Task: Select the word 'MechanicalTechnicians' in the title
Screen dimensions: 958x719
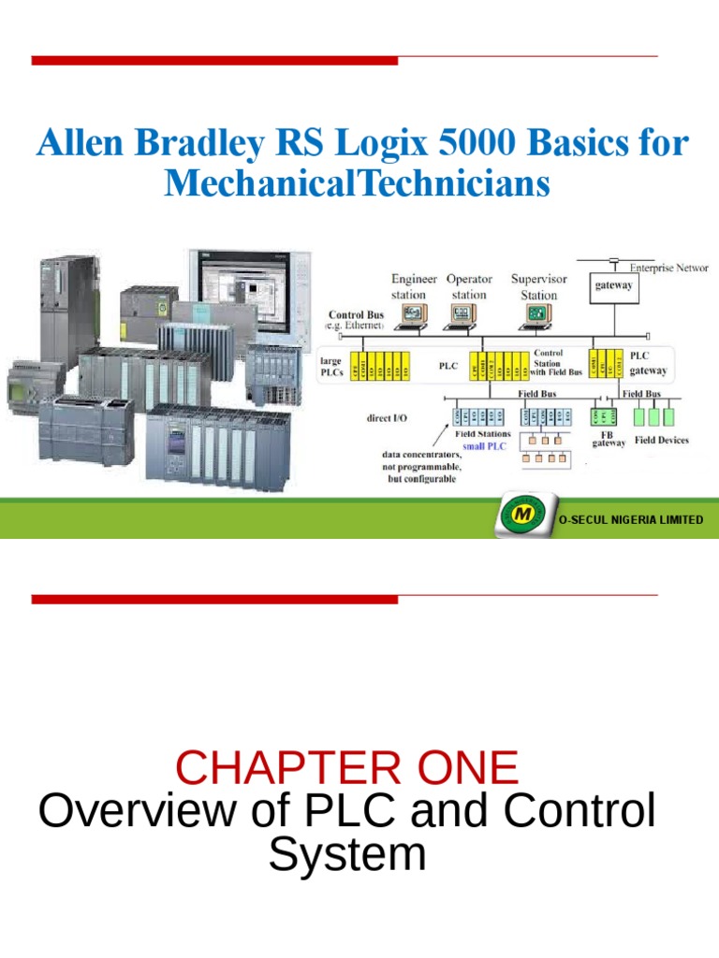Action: (357, 183)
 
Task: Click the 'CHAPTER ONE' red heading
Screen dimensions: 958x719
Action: (346, 768)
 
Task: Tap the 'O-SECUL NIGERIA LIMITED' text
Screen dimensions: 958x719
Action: (630, 519)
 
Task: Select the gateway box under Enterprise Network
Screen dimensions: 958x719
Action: (613, 287)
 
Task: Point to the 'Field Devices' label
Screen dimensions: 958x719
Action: (661, 440)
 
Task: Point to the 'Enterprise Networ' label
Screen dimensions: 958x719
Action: (668, 268)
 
